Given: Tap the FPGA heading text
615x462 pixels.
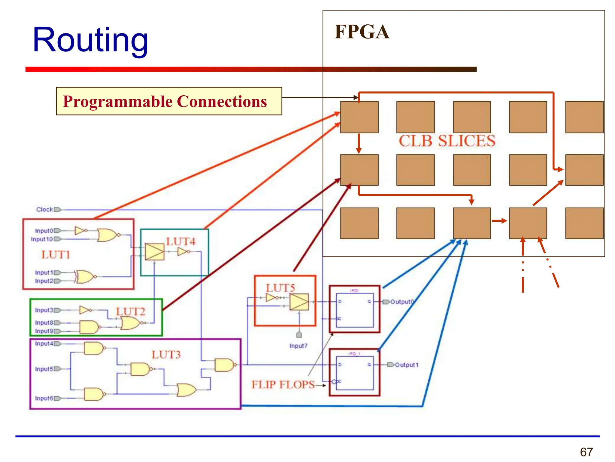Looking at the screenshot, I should (x=362, y=32).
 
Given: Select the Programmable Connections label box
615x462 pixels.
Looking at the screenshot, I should (x=169, y=101).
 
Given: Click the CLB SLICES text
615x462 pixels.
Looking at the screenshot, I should (x=447, y=141).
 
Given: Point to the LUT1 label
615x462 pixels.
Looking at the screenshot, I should (x=56, y=255).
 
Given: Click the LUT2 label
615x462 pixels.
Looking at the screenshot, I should (x=131, y=311).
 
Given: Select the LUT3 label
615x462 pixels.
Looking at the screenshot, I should (x=166, y=355).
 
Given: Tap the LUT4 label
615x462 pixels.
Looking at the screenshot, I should (x=181, y=242).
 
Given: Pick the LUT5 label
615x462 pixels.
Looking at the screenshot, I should (x=280, y=288).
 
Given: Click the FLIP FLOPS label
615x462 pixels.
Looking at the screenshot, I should (x=283, y=385).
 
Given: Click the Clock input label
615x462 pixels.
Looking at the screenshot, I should (x=44, y=209).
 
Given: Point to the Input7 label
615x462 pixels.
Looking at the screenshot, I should (x=298, y=346).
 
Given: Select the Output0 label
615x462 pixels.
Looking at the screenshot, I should (x=402, y=302).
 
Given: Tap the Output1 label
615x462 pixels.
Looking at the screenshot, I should (x=407, y=365).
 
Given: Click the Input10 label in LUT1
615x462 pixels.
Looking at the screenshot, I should (x=42, y=239).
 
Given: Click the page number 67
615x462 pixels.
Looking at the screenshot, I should (x=586, y=452).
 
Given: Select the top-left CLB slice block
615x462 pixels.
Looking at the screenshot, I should (x=359, y=117).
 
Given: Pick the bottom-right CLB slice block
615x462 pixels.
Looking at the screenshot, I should (x=584, y=223).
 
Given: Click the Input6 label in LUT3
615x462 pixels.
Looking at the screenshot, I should (x=44, y=398).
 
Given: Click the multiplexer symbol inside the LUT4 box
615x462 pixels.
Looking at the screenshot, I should (x=155, y=251).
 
